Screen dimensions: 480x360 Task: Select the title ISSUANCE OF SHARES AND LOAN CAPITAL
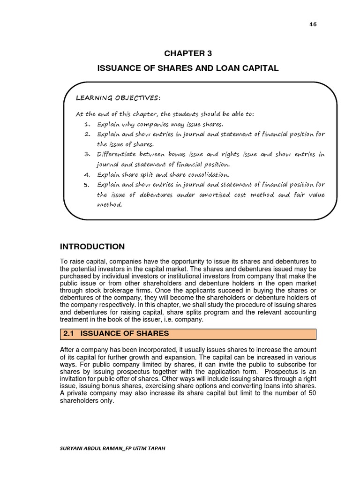[187, 68]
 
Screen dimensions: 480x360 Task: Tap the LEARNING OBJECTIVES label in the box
[118, 97]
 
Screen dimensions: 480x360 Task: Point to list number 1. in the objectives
[87, 124]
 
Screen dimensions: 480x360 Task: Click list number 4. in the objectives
[87, 174]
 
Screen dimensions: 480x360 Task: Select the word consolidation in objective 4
[205, 174]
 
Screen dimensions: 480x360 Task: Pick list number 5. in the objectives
[87, 184]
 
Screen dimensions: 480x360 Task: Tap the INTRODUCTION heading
[92, 247]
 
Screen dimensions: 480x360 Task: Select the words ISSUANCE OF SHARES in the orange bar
[125, 334]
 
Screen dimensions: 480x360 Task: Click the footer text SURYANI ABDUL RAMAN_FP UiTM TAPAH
[112, 448]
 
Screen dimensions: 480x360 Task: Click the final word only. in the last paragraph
[107, 401]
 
